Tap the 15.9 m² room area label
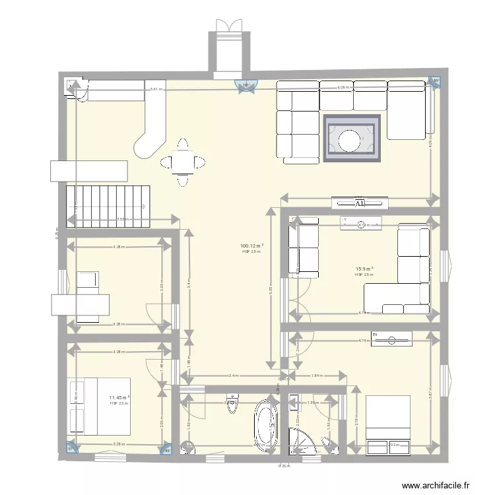pyautogui.click(x=364, y=269)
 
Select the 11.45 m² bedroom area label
pyautogui.click(x=119, y=397)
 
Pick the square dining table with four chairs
pyautogui.click(x=181, y=162)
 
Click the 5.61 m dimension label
pyautogui.click(x=156, y=89)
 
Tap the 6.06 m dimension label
pyautogui.click(x=343, y=87)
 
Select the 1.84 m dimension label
pyautogui.click(x=317, y=376)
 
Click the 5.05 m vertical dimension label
pyautogui.click(x=271, y=288)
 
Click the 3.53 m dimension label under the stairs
pyautogui.click(x=121, y=219)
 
